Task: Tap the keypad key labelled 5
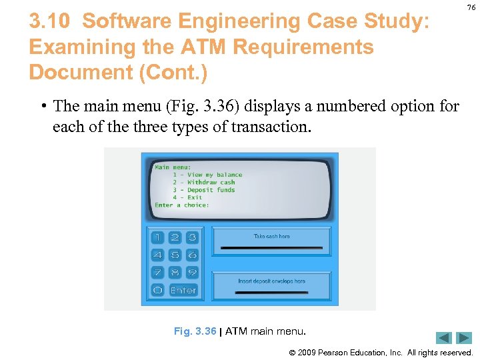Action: (175, 255)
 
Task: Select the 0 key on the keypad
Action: (157, 290)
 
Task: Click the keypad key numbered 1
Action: (157, 237)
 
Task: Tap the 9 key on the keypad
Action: (192, 272)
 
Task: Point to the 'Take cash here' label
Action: (271, 236)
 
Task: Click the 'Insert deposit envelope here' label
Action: (271, 281)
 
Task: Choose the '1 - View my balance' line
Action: (207, 175)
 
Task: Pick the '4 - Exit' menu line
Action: (187, 197)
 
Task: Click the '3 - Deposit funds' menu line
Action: (203, 190)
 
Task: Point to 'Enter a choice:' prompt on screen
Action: (182, 205)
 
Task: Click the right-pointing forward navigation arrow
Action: (464, 338)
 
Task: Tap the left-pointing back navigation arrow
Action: (444, 338)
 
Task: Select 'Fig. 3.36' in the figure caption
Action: (195, 331)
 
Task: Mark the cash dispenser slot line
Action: (271, 247)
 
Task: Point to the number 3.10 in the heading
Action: (49, 21)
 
